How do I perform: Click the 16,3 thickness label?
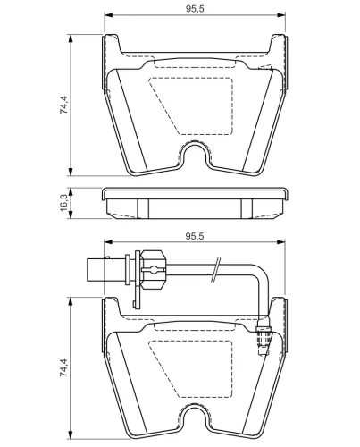point(63,205)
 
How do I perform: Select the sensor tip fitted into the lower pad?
point(263,340)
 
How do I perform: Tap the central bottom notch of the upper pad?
point(197,154)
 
